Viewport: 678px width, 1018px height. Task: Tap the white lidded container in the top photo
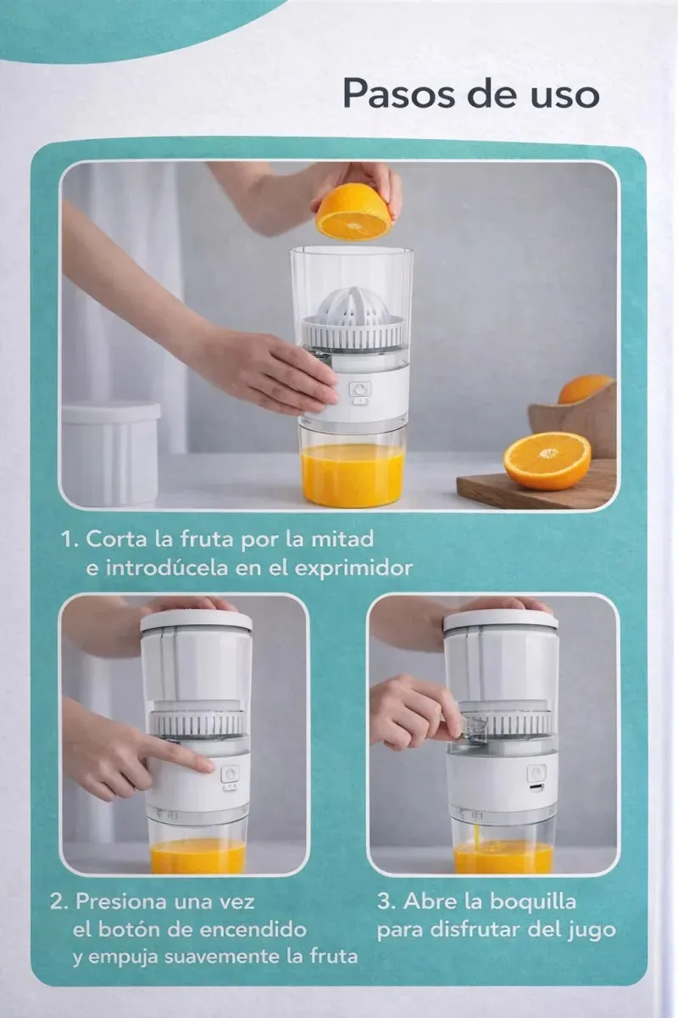[110, 453]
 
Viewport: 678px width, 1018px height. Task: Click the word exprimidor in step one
[353, 568]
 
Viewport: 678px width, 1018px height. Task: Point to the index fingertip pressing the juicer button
[208, 766]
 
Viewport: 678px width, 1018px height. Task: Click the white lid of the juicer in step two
[196, 622]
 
